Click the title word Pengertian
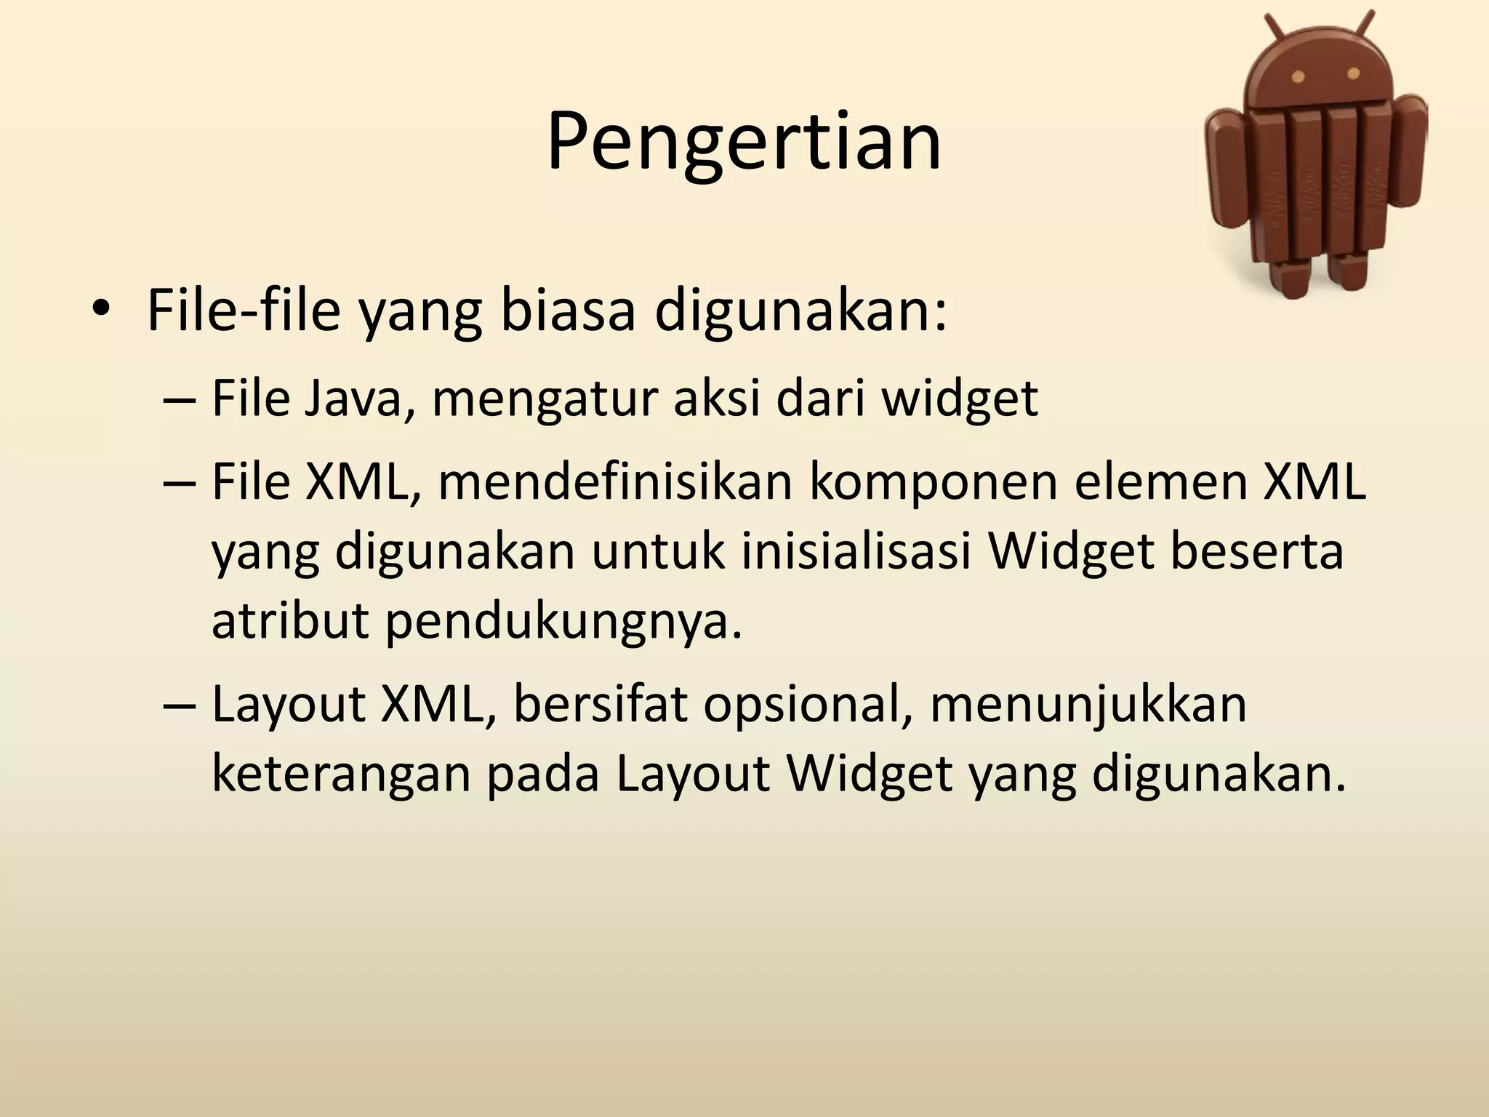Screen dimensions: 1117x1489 pos(743,143)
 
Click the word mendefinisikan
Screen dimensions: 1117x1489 pos(614,483)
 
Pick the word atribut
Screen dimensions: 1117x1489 pos(290,622)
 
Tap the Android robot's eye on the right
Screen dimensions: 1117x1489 pos(1353,73)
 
